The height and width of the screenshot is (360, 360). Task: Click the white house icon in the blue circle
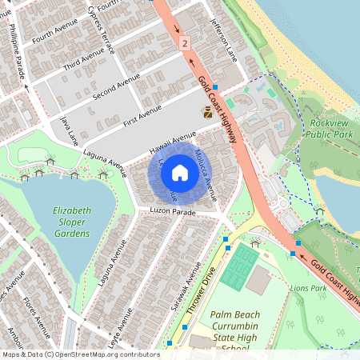pyautogui.click(x=180, y=172)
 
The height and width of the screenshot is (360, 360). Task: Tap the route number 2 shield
pyautogui.click(x=185, y=42)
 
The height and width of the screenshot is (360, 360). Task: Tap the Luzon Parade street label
pyautogui.click(x=173, y=213)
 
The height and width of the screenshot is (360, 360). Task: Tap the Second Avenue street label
pyautogui.click(x=116, y=88)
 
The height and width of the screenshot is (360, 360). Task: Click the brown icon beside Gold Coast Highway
pyautogui.click(x=208, y=114)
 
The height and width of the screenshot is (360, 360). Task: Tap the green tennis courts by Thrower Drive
pyautogui.click(x=237, y=268)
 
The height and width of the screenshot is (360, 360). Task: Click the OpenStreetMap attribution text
pyautogui.click(x=81, y=354)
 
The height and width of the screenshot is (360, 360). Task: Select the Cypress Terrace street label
pyautogui.click(x=102, y=27)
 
